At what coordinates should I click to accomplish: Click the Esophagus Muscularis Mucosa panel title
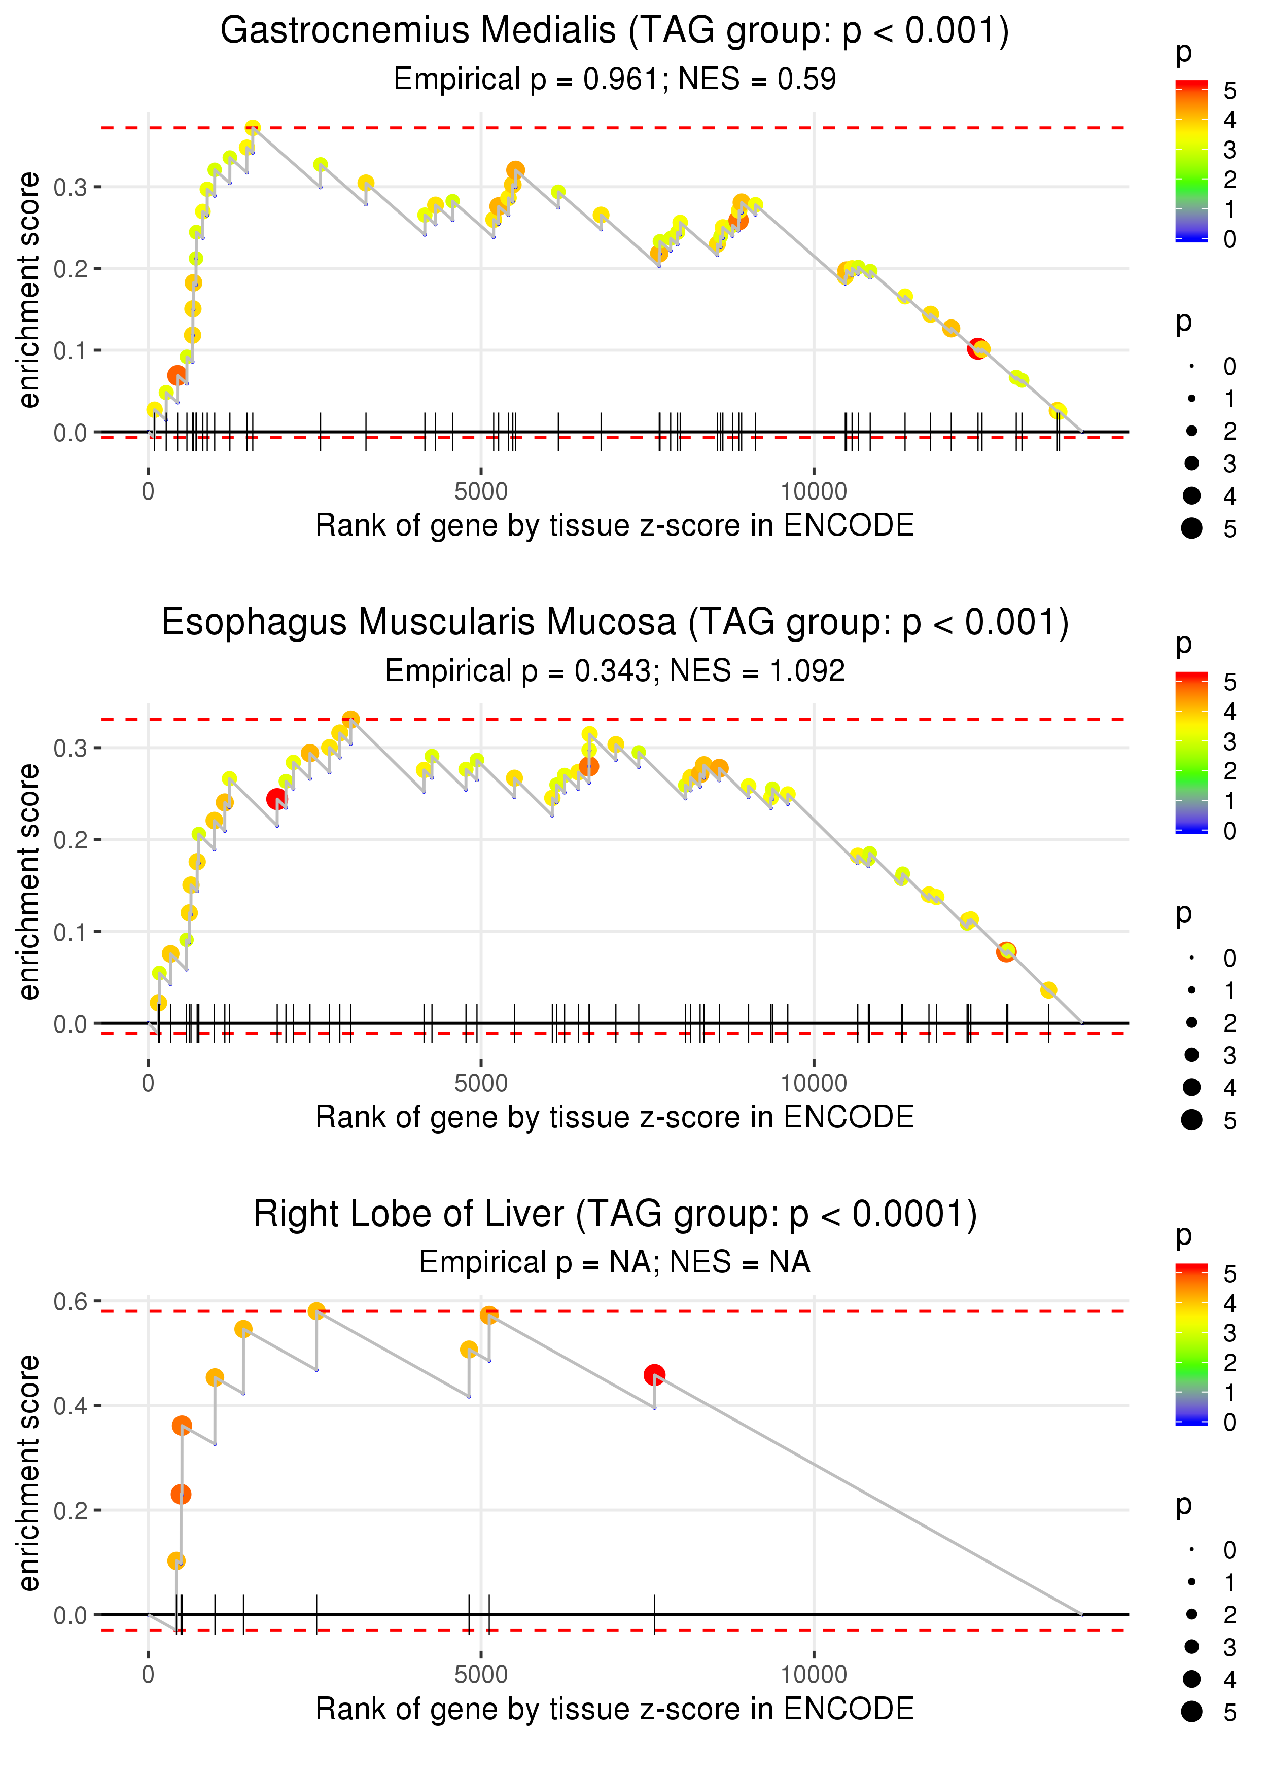pos(615,623)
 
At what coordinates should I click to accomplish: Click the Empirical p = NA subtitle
pos(615,1262)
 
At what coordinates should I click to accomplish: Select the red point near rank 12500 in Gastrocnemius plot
pos(977,349)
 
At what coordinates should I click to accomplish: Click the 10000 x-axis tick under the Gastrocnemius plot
pos(814,492)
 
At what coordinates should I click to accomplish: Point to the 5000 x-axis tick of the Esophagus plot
pos(480,1083)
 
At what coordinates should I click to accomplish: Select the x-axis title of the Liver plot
pos(615,1709)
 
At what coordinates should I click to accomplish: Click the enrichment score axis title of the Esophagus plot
pos(29,881)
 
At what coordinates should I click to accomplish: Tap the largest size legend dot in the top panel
pos(1191,528)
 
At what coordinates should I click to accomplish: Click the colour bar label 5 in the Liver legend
pos(1230,1274)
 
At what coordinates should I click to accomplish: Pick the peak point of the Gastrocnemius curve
pos(252,127)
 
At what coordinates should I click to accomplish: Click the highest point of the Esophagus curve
pos(350,718)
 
